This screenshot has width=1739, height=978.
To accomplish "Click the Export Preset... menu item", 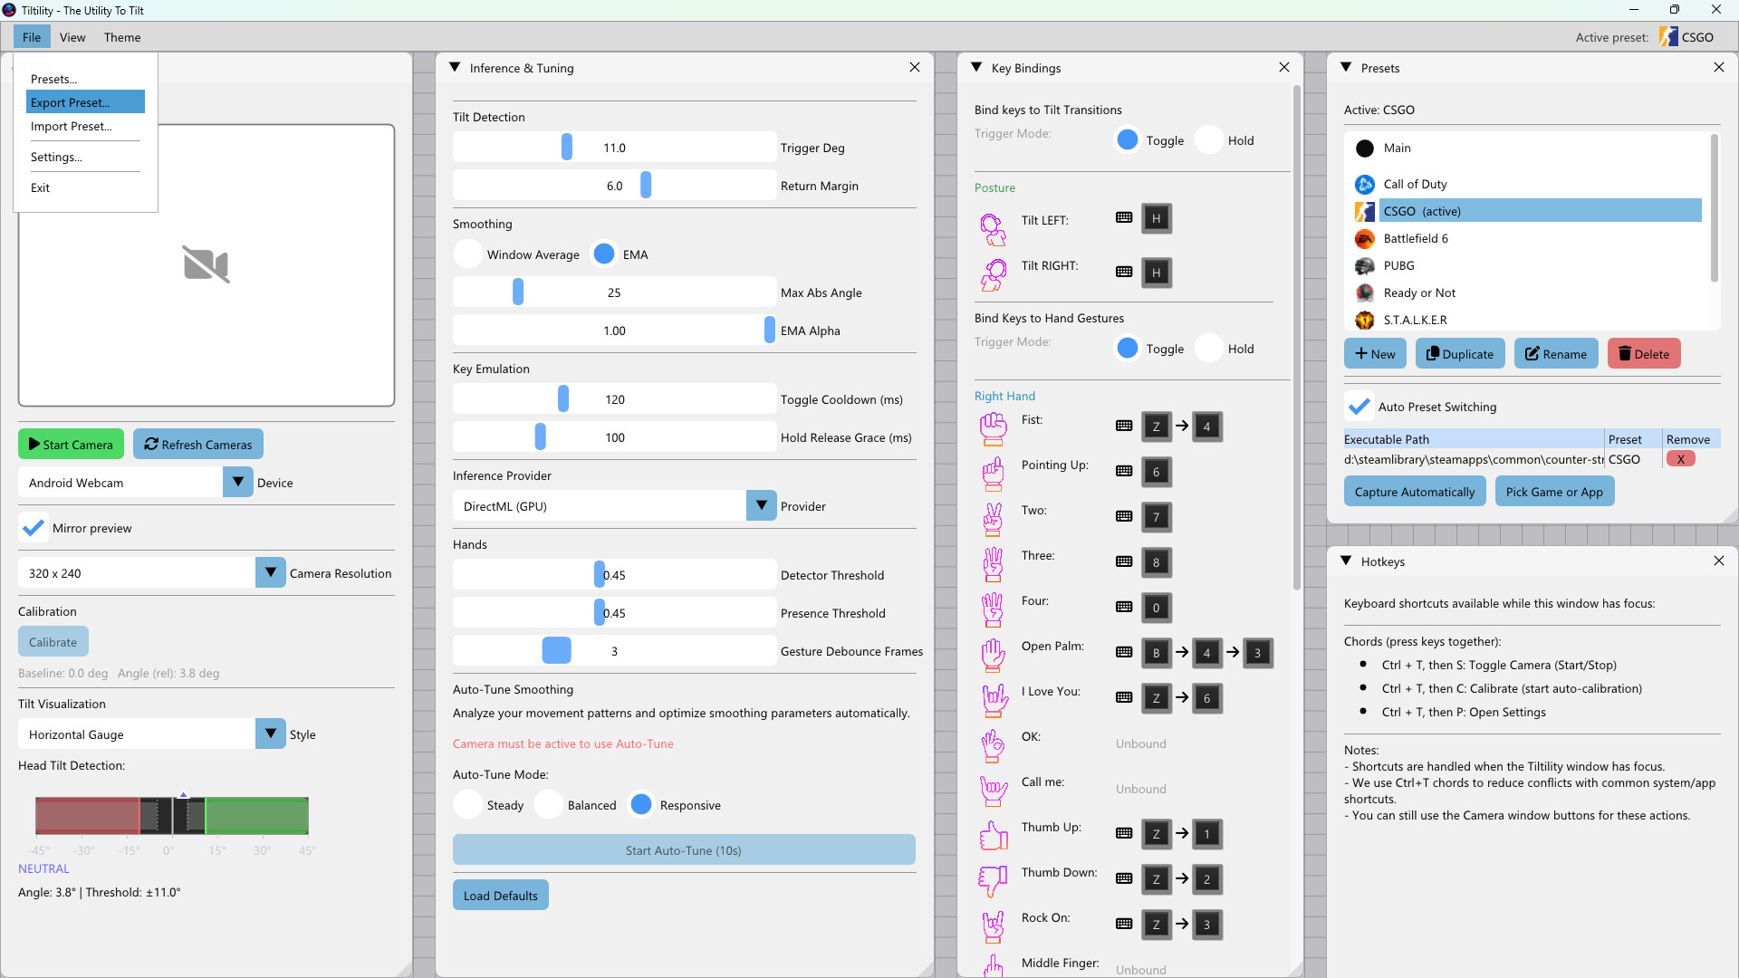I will point(85,102).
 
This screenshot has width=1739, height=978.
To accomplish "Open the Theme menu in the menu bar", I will point(121,37).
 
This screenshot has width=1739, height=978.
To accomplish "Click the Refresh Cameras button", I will point(198,445).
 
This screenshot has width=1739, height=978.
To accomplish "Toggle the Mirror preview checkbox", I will point(34,528).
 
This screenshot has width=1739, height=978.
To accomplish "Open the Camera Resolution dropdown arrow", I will point(270,573).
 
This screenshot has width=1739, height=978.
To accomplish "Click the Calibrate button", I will point(53,642).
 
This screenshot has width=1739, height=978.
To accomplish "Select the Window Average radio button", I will point(468,254).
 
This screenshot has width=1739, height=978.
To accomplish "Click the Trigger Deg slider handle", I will point(567,148).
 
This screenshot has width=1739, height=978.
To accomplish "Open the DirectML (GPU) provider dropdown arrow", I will point(761,506).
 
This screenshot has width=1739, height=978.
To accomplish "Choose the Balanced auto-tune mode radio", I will point(549,805).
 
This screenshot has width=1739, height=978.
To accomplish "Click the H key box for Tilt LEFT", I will point(1156,218).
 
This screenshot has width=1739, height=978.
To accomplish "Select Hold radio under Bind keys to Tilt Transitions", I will point(1209,140).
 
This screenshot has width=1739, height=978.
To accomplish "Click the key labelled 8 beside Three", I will point(1156,562).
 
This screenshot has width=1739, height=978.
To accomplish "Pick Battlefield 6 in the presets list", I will point(1416,238).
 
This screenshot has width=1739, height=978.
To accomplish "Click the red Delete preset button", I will point(1643,354).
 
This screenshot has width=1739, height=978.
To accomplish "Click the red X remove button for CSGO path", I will point(1680,459).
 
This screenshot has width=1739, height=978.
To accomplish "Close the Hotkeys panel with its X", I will point(1718,561).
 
